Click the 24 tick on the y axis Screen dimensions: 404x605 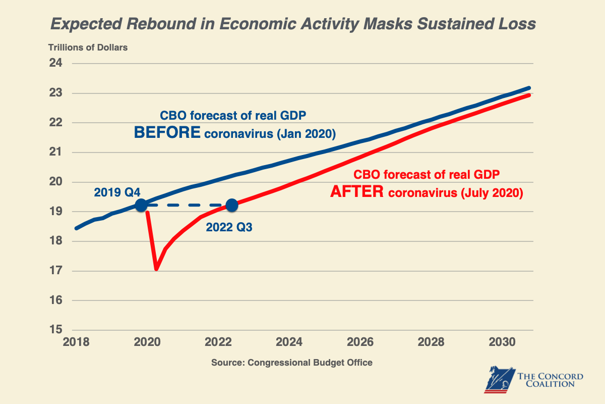click(55, 64)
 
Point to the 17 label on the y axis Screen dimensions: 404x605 click(55, 271)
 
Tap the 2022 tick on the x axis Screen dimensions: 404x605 click(219, 342)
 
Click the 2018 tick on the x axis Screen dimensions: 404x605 click(76, 342)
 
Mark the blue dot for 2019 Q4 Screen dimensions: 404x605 click(141, 205)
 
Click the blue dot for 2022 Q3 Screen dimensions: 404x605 click(232, 205)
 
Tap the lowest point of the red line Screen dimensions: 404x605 click(156, 269)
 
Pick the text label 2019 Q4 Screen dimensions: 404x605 click(117, 192)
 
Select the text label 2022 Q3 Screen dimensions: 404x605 click(229, 228)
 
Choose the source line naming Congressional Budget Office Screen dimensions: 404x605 click(291, 363)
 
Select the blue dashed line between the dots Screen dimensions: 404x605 click(187, 205)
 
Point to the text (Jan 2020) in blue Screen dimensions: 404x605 click(308, 134)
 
